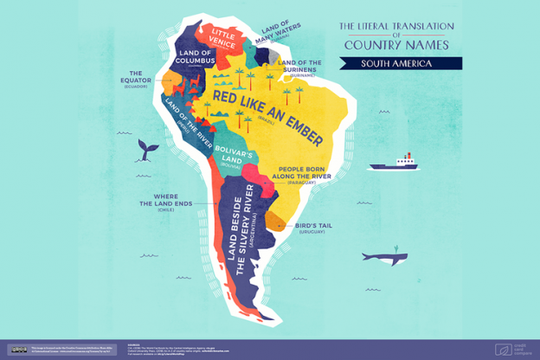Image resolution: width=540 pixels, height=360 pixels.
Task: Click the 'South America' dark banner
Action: (399, 63)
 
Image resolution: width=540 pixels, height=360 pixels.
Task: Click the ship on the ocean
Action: (394, 162)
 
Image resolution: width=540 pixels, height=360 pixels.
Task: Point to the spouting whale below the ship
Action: (382, 257)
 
